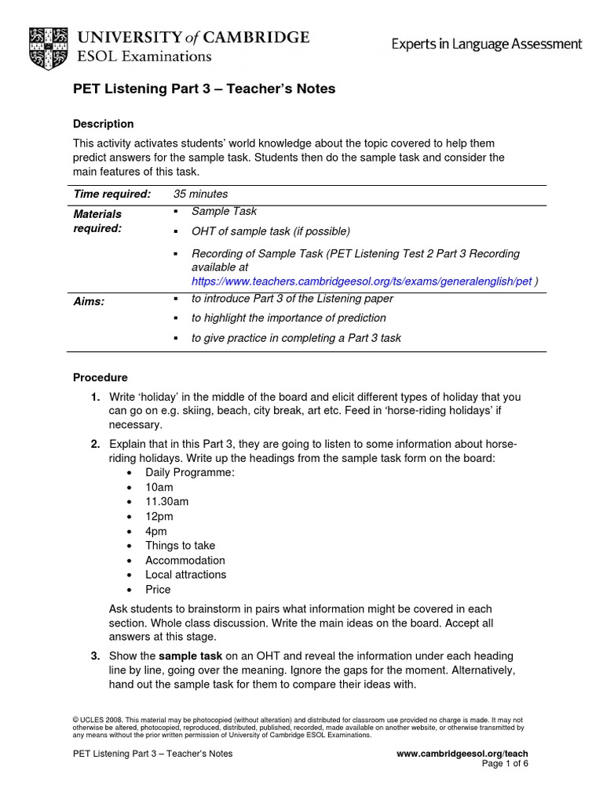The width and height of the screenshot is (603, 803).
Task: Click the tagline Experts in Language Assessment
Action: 487,45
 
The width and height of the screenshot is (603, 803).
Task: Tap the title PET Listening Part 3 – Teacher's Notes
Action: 204,89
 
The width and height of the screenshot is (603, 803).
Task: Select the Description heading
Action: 103,124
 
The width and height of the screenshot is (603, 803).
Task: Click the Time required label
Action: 111,194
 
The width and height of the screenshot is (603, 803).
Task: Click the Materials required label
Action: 98,221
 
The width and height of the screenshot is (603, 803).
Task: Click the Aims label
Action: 89,302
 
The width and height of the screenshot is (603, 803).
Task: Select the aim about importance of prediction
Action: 288,318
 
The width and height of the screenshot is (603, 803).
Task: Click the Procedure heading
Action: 100,377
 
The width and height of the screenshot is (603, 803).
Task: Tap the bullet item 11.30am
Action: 166,502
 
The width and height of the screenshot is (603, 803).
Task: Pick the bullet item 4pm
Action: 156,531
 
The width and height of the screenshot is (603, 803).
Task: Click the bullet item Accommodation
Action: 185,560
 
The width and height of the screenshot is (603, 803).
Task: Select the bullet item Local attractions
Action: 185,575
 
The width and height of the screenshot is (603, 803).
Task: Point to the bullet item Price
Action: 158,590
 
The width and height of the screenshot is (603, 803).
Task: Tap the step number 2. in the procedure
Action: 95,444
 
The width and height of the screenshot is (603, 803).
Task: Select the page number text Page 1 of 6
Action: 505,764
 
